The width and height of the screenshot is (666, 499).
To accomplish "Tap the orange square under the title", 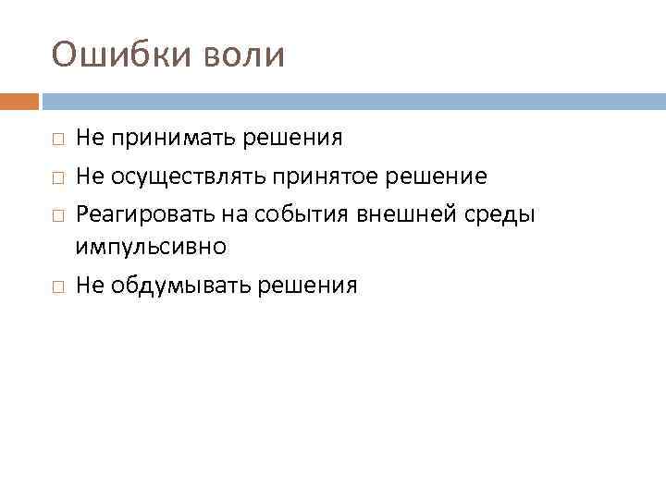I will [19, 101].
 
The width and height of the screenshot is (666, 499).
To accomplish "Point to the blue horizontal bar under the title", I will [352, 101].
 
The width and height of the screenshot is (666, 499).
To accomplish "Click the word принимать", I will [173, 140].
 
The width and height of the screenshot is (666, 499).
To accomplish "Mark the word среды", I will [507, 213].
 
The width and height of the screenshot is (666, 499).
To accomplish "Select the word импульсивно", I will [151, 248].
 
